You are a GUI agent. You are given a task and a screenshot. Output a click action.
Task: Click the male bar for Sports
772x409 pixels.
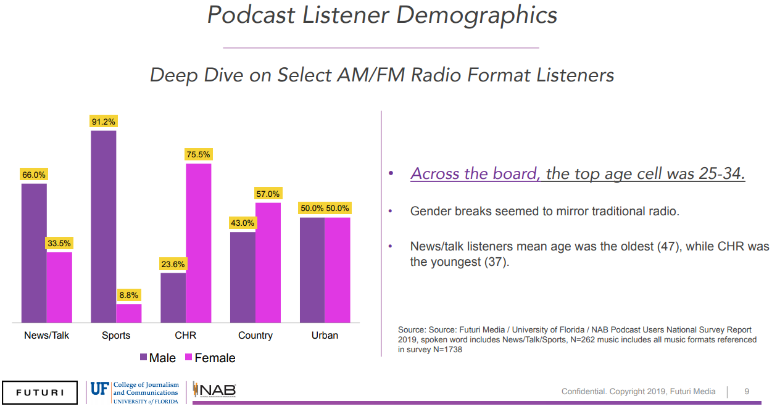point(103,226)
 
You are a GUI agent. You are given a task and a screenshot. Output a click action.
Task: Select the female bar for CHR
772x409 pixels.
point(198,243)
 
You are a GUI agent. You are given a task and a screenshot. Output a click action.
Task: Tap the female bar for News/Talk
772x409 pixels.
point(59,287)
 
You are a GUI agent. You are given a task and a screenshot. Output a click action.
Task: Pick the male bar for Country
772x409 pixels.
point(243,277)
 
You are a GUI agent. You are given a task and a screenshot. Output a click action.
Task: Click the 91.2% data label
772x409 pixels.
point(103,122)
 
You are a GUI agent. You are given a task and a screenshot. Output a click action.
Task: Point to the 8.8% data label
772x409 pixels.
point(129,295)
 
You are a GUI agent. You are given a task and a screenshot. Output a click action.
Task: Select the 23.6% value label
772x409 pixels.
point(173,264)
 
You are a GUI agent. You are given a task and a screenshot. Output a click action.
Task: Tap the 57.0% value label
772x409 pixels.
point(268,194)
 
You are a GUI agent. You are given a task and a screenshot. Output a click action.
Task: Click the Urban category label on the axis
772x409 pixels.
point(325,336)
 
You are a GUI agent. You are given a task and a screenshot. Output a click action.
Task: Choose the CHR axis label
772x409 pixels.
point(185,336)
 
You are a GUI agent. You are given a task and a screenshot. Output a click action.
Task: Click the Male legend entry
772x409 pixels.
point(158,358)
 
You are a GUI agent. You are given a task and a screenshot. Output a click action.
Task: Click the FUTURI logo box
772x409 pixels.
point(39,392)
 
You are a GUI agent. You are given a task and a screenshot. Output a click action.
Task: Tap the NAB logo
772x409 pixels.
point(214,390)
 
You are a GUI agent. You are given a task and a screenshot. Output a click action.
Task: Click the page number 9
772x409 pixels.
point(747,391)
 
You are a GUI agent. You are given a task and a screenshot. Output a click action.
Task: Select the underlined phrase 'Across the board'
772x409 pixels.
point(475,174)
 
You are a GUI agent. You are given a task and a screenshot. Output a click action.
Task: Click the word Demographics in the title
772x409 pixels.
point(477,15)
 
